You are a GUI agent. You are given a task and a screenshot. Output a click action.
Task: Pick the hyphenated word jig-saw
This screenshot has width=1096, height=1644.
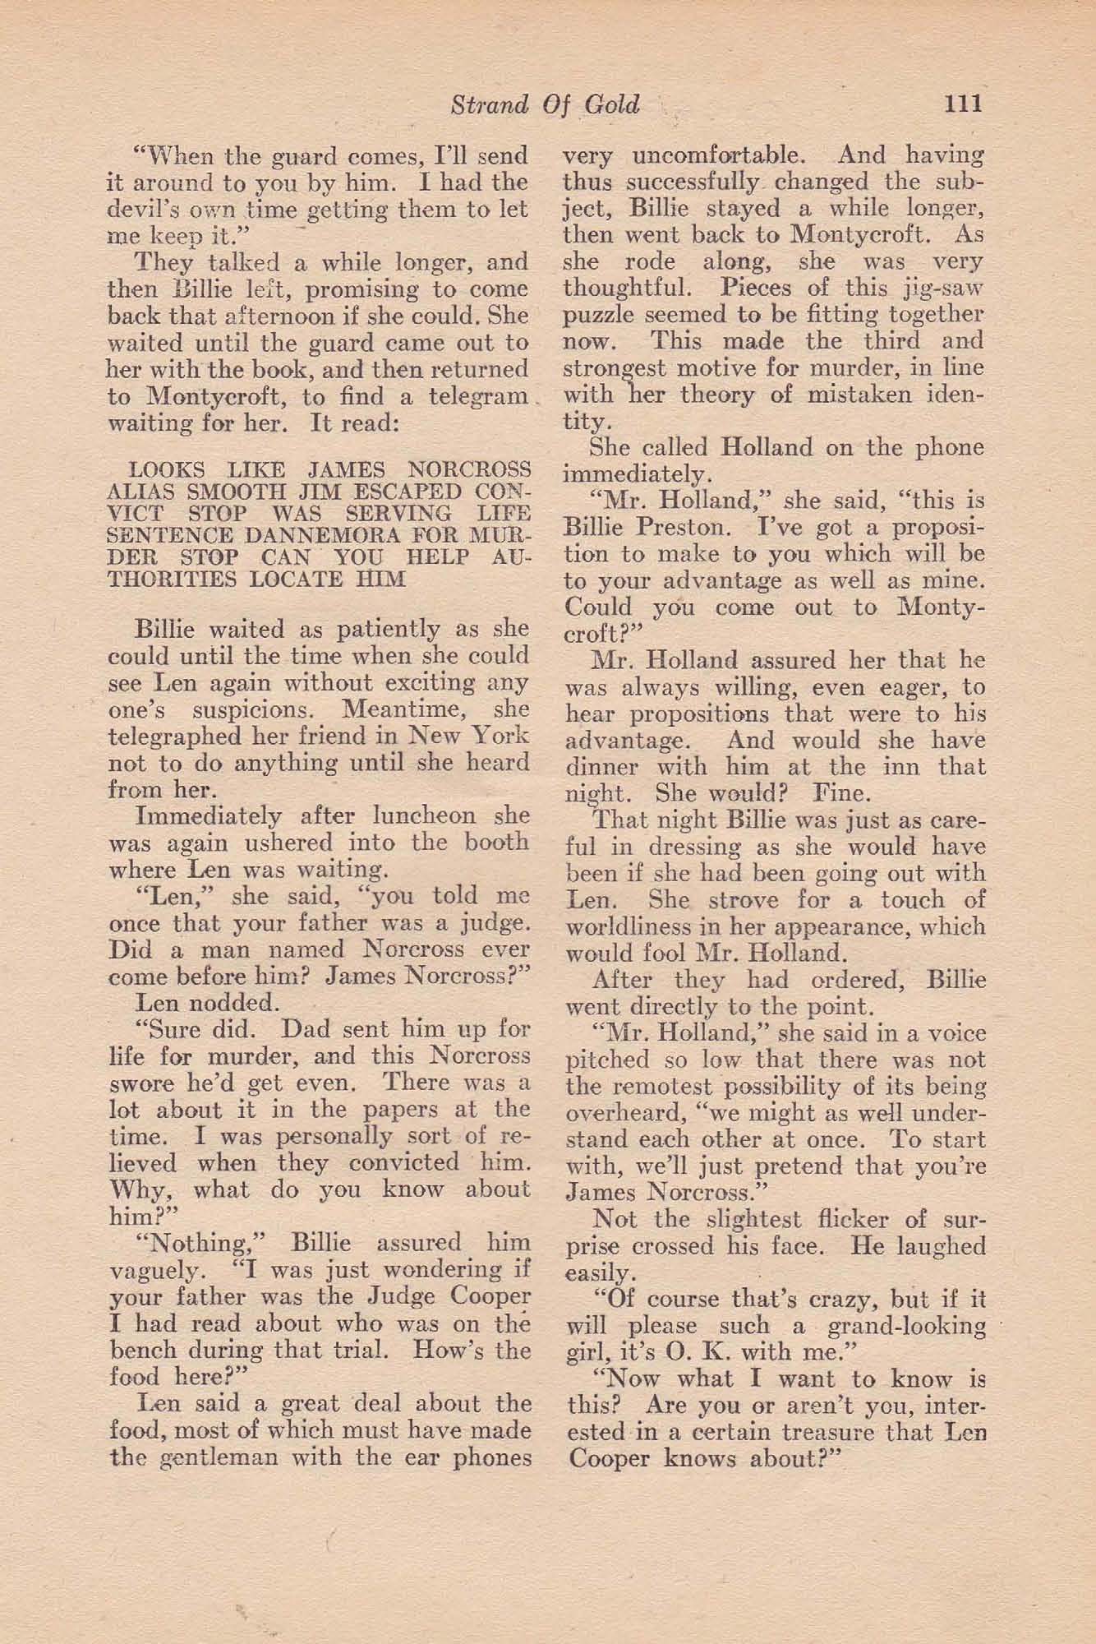click(x=942, y=289)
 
